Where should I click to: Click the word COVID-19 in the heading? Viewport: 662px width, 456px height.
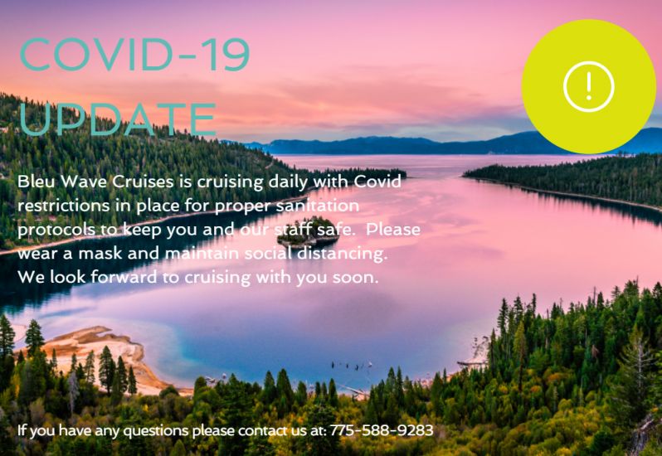click(x=134, y=55)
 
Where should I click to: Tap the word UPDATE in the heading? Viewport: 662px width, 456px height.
click(x=118, y=119)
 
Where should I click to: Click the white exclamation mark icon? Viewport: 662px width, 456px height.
click(x=588, y=86)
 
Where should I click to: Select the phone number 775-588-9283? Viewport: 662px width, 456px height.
click(x=382, y=430)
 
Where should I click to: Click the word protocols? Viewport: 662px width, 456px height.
click(x=56, y=230)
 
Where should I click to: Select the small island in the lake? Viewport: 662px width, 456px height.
click(x=309, y=231)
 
